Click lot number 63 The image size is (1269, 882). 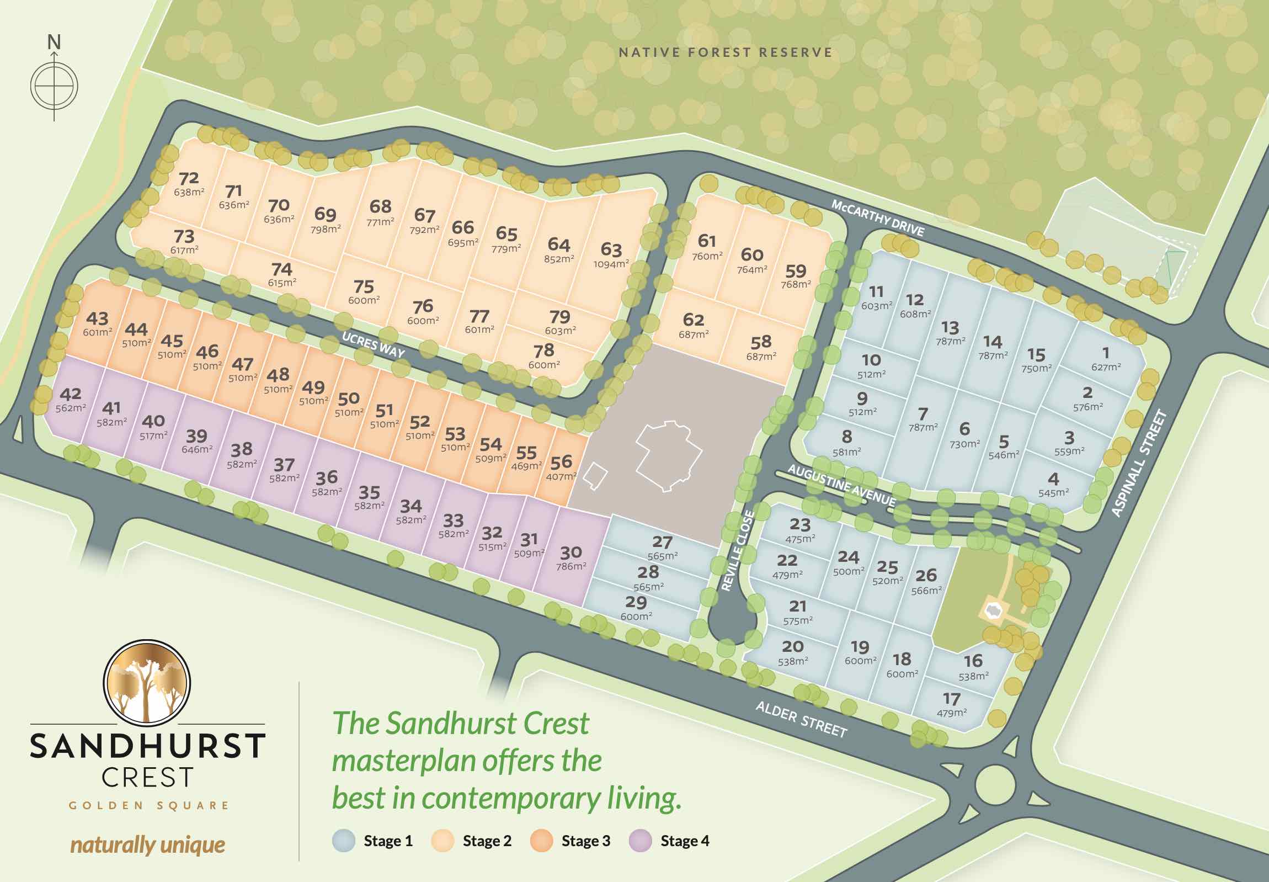611,249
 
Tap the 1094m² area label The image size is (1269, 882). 611,264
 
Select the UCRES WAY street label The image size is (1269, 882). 374,345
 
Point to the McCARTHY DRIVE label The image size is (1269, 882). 877,218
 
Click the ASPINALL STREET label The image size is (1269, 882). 1139,463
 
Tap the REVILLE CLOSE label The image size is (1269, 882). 738,550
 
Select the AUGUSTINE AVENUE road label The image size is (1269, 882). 841,485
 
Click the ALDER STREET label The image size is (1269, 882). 801,719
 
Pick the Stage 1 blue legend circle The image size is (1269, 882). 344,841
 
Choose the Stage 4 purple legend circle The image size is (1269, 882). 641,841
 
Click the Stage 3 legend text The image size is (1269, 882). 585,841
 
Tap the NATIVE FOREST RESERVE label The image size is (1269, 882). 726,52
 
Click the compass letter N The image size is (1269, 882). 54,41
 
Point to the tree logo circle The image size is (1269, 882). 147,683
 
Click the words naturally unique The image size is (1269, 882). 147,844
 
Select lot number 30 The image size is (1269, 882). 570,552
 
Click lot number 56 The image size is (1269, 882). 561,462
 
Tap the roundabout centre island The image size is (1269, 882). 995,784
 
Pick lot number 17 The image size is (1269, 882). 951,699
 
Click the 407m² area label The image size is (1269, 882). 561,476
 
